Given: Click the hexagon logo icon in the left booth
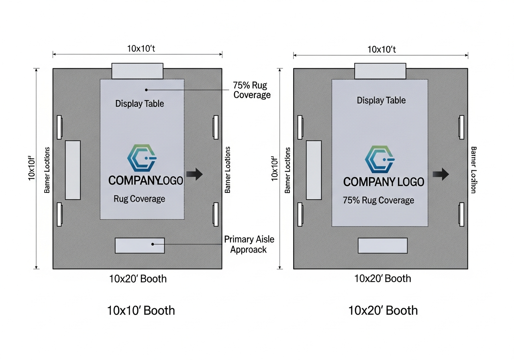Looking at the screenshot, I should (x=141, y=158).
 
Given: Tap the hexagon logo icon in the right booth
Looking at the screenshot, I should (x=379, y=160).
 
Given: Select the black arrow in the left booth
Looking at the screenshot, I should (x=195, y=174).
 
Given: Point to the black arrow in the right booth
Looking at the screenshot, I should (x=441, y=174).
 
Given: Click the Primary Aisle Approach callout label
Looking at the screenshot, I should (x=249, y=244).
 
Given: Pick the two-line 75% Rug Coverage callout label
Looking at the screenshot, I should (x=252, y=90).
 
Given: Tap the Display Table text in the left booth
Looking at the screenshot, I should (x=140, y=104).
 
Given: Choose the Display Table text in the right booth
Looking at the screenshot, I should (x=381, y=100).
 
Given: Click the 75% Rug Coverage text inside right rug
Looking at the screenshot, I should (x=378, y=200).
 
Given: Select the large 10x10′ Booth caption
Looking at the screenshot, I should (x=141, y=310).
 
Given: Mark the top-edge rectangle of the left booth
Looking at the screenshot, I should (x=137, y=71).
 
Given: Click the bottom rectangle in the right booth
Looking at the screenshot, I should (x=382, y=245).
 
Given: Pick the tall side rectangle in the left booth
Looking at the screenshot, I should (x=73, y=170).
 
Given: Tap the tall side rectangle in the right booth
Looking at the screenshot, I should (x=314, y=170).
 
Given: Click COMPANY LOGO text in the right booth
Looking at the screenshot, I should (x=383, y=182).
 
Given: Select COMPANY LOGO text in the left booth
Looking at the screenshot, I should (x=145, y=181).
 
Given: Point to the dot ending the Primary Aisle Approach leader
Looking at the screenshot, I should (x=153, y=244).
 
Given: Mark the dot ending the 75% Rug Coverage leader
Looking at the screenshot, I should (x=147, y=90).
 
